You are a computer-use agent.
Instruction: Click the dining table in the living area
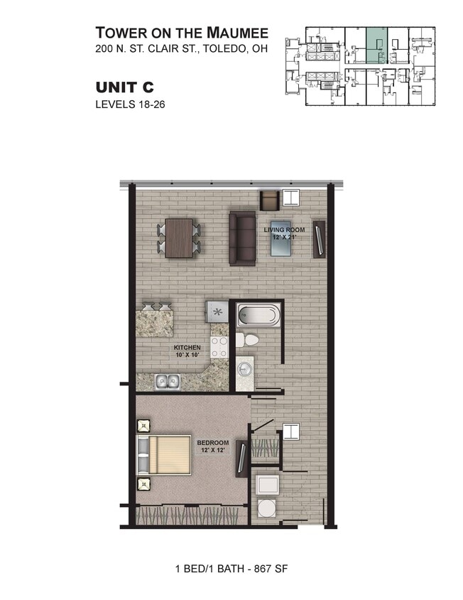(x=179, y=238)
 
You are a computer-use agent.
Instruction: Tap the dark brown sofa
(x=242, y=237)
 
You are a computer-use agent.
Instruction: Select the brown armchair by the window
(x=270, y=200)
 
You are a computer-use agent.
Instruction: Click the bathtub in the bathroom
(x=259, y=314)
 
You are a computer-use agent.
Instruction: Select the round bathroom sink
(x=245, y=369)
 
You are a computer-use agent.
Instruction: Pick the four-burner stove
(x=219, y=346)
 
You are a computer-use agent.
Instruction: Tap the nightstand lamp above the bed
(x=144, y=426)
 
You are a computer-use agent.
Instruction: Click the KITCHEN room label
(x=183, y=351)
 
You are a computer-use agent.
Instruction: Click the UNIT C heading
(x=124, y=87)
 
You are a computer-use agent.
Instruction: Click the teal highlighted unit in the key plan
(x=376, y=46)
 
